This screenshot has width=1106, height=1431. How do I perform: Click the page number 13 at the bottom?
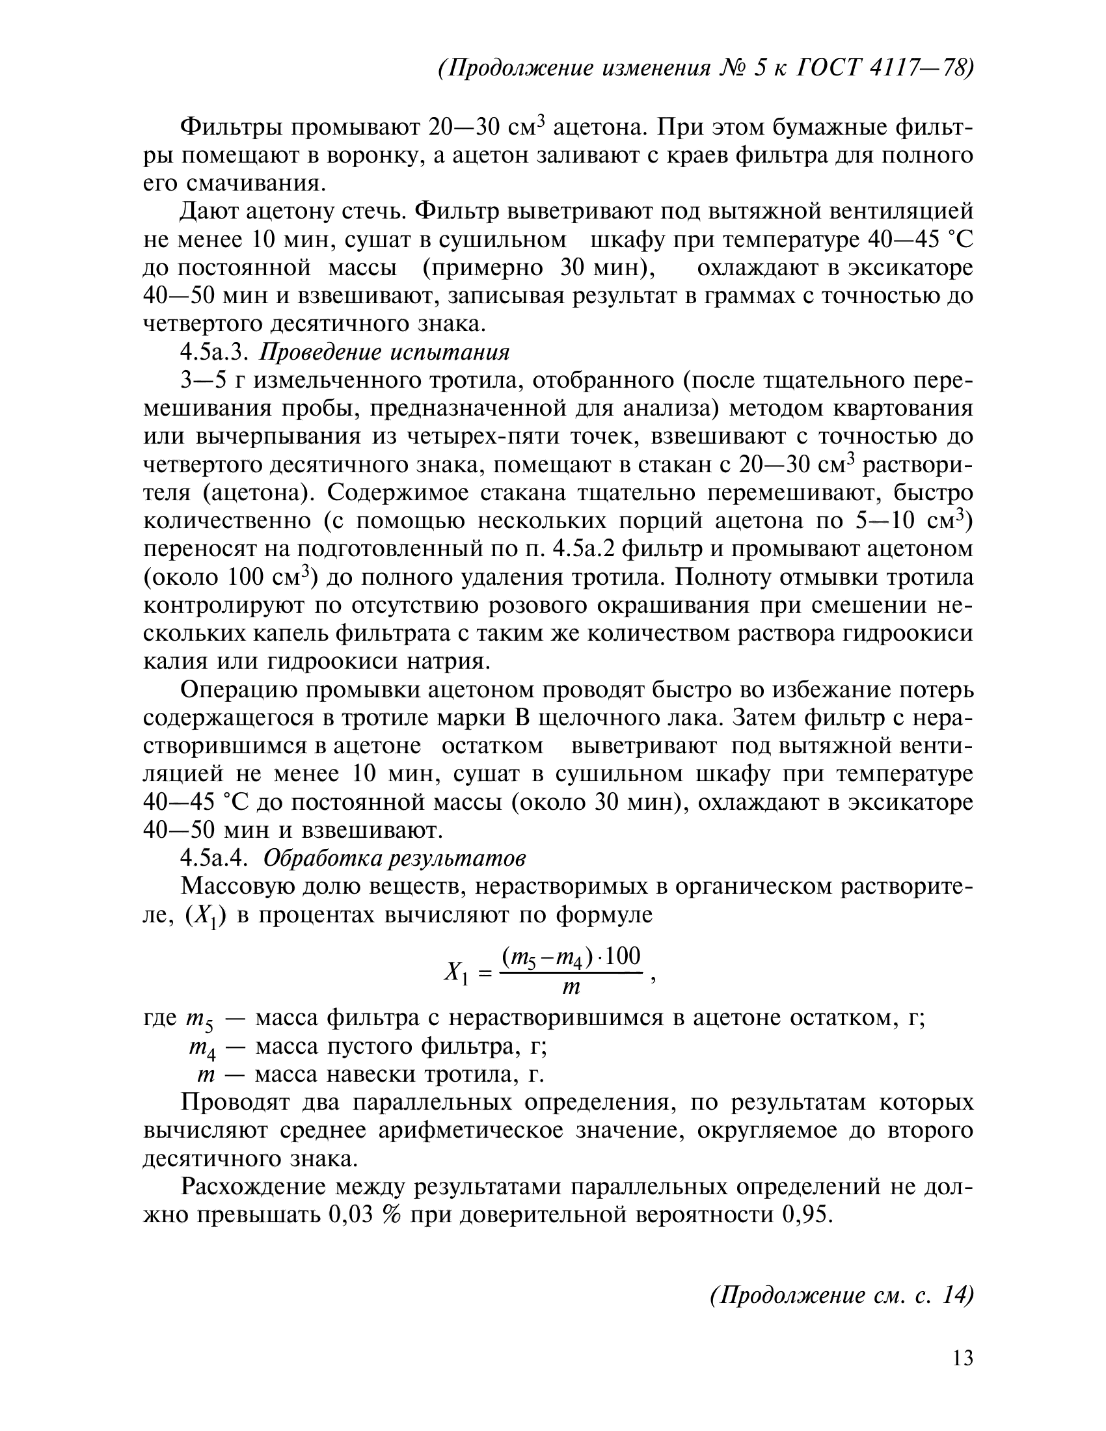click(962, 1359)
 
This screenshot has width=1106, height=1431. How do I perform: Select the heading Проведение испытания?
click(384, 353)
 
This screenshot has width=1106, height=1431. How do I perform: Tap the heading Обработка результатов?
click(394, 859)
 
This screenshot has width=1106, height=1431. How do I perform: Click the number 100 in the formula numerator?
click(623, 957)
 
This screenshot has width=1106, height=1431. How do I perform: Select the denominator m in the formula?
click(571, 987)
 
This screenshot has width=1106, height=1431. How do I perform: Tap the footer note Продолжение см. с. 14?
click(841, 1295)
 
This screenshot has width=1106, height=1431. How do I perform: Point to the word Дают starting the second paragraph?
click(209, 211)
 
